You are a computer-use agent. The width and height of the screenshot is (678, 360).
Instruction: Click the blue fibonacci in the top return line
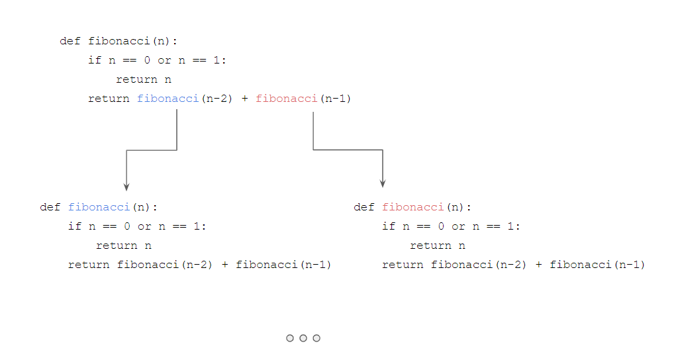pos(168,99)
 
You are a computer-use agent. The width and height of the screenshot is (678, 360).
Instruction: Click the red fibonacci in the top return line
pos(287,99)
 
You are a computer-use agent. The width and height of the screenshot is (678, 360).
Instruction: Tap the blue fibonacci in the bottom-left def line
pos(99,207)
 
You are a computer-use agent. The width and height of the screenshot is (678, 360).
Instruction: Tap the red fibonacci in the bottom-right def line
pos(412,207)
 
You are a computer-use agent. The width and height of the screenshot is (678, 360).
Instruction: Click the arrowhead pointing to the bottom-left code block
pos(126,187)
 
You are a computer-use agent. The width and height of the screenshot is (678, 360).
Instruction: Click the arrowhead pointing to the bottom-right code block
pos(383,183)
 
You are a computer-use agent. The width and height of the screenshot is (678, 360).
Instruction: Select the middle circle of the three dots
pos(303,338)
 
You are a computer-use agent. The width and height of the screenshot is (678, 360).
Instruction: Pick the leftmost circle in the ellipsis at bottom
pos(290,338)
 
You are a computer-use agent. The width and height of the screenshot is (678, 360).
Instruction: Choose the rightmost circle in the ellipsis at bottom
pos(316,338)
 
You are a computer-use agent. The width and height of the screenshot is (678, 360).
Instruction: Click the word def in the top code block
pos(70,41)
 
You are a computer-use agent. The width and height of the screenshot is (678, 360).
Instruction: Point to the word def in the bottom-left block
pos(50,207)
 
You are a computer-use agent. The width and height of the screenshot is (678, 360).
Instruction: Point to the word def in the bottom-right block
pos(364,207)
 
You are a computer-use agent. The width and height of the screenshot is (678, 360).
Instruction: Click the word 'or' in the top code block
pos(164,60)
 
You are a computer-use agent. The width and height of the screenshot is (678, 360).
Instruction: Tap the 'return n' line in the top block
pos(144,79)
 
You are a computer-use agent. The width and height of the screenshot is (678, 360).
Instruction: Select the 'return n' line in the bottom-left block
pos(124,246)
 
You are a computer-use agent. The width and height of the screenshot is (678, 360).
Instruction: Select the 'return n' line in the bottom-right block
pos(438,246)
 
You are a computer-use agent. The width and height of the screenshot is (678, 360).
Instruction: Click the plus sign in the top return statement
pos(244,99)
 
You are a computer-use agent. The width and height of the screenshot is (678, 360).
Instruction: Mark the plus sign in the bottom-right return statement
pos(538,265)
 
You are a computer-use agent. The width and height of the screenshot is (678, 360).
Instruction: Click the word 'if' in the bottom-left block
pos(75,226)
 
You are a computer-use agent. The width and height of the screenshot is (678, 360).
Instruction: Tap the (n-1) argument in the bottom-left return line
pos(315,265)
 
